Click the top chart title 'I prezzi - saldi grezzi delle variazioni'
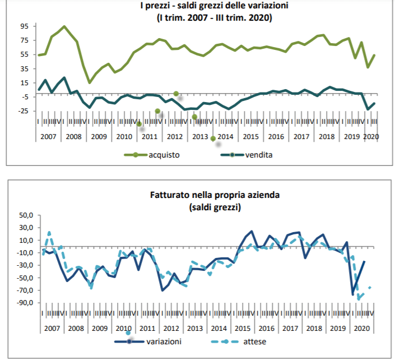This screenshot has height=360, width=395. pos(206,7)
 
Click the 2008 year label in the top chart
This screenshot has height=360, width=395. pos(74,136)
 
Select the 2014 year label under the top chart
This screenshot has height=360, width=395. pos(225,136)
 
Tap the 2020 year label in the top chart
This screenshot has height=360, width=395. pos(369,136)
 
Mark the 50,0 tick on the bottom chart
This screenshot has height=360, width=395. pos(26,215)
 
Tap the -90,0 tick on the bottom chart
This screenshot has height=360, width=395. pos(25,303)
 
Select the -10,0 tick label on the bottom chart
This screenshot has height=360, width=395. pos(25,253)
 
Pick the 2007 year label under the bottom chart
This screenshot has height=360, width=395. pos(52,329)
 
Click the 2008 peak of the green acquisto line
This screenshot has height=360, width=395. pos(64,26)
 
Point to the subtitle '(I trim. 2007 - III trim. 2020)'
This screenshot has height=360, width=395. pos(206,18)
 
